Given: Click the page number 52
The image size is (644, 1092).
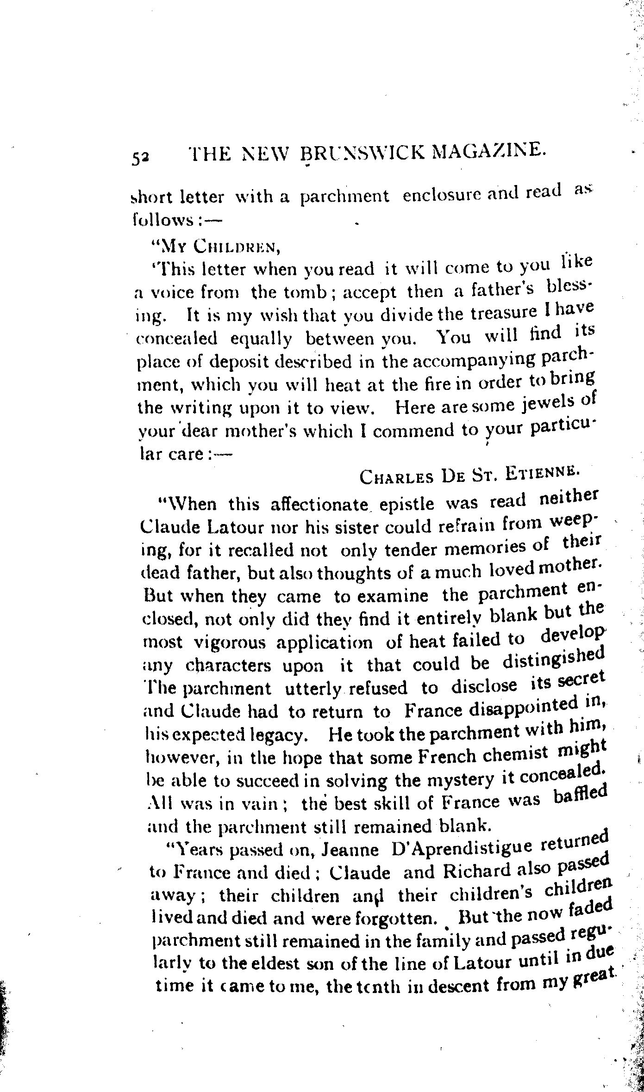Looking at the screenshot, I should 140,158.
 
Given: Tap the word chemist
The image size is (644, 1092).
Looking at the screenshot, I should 514,754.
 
